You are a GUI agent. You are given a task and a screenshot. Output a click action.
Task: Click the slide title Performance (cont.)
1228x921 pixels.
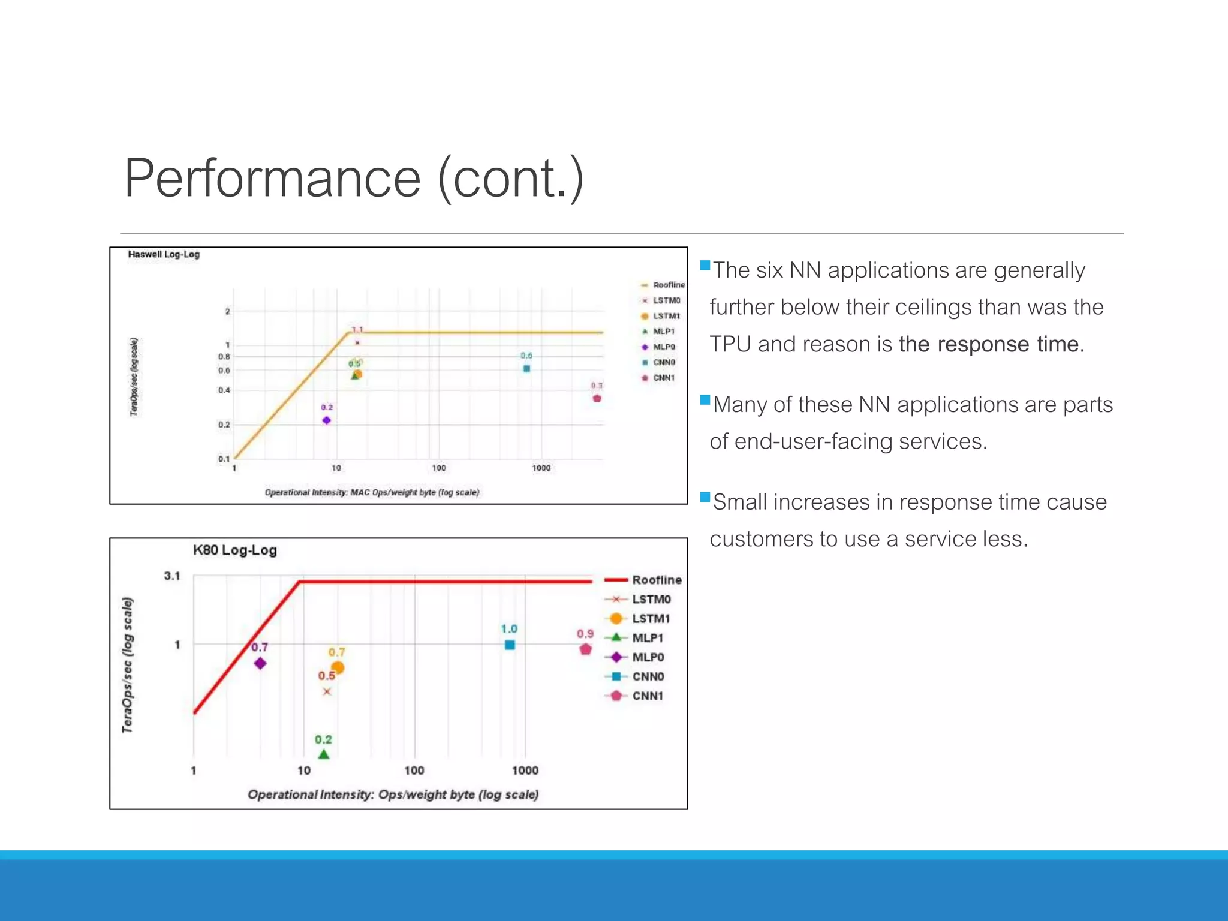[x=354, y=178]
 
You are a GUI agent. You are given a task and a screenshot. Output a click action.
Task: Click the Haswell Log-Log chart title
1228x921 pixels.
[x=164, y=254]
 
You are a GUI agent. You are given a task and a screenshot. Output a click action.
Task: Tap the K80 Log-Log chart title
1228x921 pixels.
[x=234, y=550]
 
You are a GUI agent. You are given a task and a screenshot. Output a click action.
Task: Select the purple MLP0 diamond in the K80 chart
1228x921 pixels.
[x=260, y=663]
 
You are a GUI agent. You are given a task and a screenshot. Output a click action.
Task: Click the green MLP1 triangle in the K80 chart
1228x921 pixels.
[x=324, y=754]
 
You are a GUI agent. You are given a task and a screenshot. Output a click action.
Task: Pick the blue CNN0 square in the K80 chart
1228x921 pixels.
[x=510, y=645]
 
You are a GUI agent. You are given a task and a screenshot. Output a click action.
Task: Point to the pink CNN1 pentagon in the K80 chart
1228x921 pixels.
[x=586, y=649]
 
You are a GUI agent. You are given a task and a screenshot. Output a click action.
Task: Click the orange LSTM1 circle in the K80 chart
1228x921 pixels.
[x=338, y=667]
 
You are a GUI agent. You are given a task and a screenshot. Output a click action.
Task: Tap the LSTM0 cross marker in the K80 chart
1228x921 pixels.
[x=327, y=691]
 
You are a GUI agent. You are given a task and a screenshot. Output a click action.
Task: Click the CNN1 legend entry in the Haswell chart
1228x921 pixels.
[x=663, y=378]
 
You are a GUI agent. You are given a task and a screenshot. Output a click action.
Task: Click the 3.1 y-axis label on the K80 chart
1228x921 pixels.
[x=172, y=576]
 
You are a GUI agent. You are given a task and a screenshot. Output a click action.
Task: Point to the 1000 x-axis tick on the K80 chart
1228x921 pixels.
[x=525, y=770]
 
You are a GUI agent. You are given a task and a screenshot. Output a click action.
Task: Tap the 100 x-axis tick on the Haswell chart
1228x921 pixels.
[x=439, y=468]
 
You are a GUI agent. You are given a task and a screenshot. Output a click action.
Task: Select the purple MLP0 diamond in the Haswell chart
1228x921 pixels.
[x=327, y=420]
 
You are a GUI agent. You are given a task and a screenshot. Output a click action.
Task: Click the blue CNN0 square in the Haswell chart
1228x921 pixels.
[x=526, y=369]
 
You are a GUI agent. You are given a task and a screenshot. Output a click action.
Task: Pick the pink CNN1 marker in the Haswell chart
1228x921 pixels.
[x=597, y=398]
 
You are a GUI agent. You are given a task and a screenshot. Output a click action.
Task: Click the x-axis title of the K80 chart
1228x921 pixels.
[x=393, y=794]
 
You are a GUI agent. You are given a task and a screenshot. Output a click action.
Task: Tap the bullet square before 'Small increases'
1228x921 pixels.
[x=705, y=497]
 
